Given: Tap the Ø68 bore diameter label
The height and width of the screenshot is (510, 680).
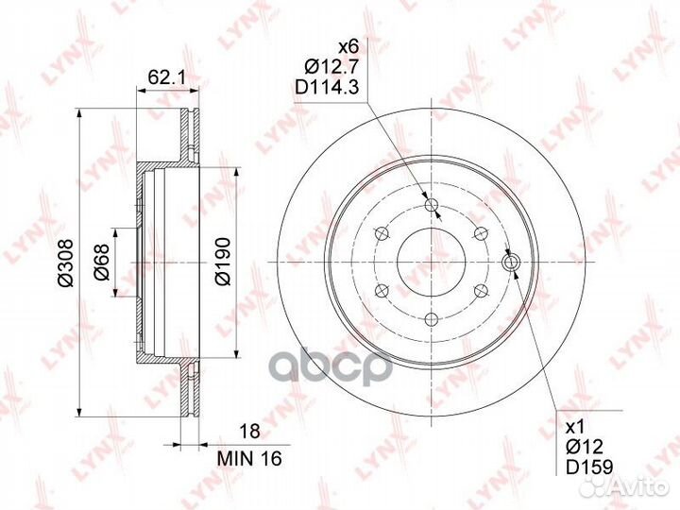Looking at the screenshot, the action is tap(102, 262).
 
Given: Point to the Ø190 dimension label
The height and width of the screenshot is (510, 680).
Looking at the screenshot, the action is tap(223, 262).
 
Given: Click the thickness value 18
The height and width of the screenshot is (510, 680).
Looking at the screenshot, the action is tap(249, 431).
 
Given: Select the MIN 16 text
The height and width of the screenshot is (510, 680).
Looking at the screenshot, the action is tap(249, 458).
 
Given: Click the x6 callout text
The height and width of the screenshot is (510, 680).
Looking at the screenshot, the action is tap(348, 45).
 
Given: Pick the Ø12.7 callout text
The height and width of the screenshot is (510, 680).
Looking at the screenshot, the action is tap(331, 66).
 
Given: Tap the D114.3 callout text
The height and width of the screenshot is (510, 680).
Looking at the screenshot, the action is tap(327, 88).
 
